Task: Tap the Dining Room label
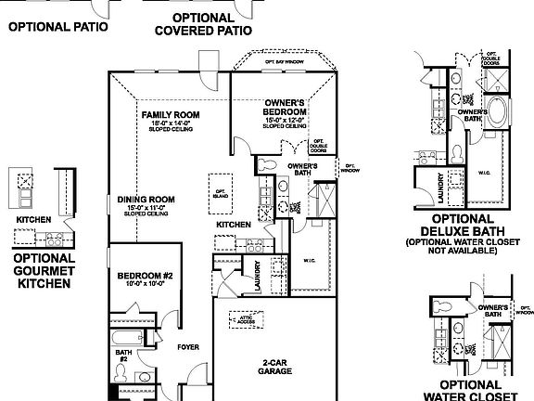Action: (x=146, y=199)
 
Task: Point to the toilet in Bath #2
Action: (x=121, y=374)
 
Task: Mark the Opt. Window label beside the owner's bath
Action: (x=350, y=169)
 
